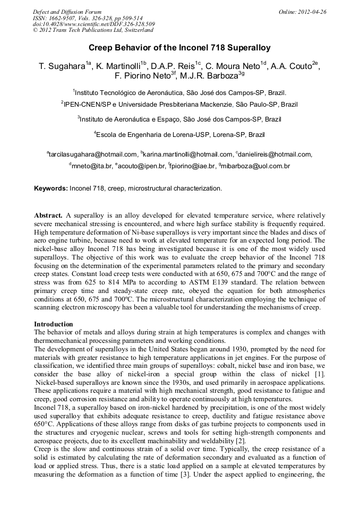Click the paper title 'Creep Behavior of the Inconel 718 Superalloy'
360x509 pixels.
coord(179,48)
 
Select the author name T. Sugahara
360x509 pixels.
coord(62,66)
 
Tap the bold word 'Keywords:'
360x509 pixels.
coord(51,188)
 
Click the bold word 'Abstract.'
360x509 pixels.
coord(48,215)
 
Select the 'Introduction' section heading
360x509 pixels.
coord(54,324)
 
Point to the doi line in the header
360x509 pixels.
coord(94,24)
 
